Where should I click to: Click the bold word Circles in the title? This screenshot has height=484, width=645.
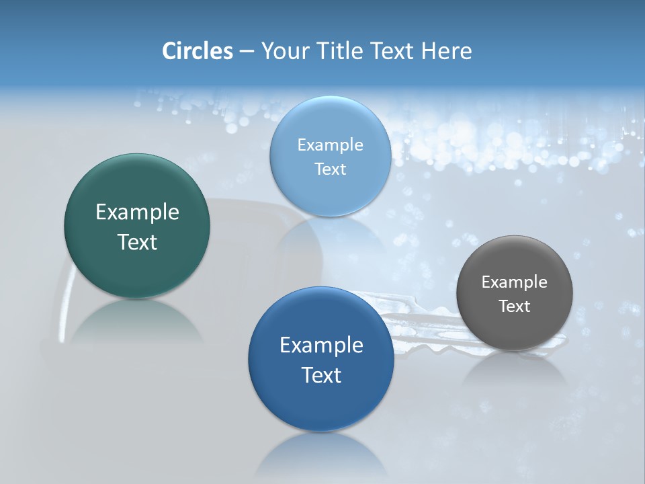[x=198, y=51]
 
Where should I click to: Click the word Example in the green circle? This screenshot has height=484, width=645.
[x=137, y=212]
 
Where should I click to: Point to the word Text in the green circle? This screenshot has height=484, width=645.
[x=137, y=242]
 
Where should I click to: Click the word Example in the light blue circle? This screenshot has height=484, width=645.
[x=331, y=145]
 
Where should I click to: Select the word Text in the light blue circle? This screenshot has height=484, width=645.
[x=331, y=169]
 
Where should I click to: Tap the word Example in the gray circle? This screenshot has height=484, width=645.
[x=515, y=282]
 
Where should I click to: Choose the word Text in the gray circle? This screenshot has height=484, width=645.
[x=515, y=307]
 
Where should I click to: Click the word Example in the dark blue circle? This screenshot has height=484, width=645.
[x=321, y=346]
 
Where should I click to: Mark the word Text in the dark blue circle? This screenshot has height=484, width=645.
[x=321, y=375]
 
